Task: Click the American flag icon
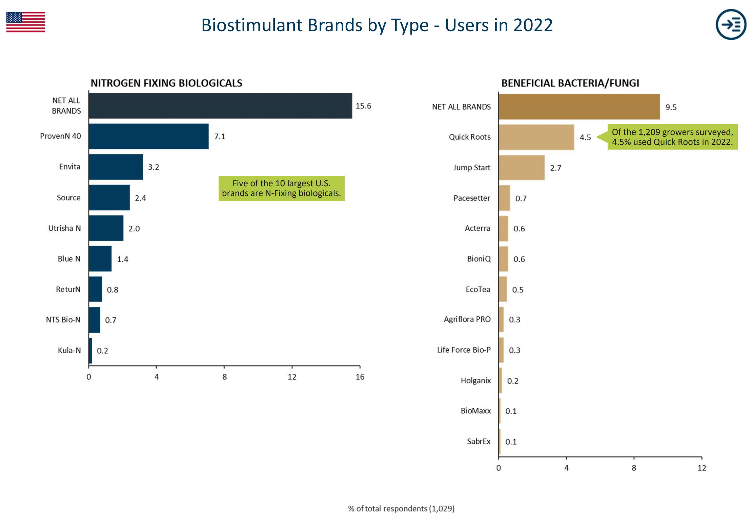(25, 22)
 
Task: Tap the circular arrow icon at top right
(731, 24)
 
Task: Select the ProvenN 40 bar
(148, 136)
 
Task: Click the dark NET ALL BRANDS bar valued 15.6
(220, 106)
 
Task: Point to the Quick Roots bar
(536, 137)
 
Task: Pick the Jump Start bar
(521, 168)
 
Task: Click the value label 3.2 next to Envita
(154, 167)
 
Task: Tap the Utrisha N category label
(64, 228)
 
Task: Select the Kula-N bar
(90, 350)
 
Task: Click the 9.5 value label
(671, 107)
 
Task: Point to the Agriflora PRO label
(467, 320)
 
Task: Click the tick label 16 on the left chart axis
(360, 377)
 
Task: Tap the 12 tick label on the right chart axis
(701, 468)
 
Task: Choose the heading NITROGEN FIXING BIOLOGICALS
(166, 83)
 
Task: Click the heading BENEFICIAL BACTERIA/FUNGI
(570, 83)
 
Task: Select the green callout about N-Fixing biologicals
(281, 188)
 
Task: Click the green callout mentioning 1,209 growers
(672, 137)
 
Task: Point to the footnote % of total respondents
(401, 508)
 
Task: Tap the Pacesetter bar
(504, 198)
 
